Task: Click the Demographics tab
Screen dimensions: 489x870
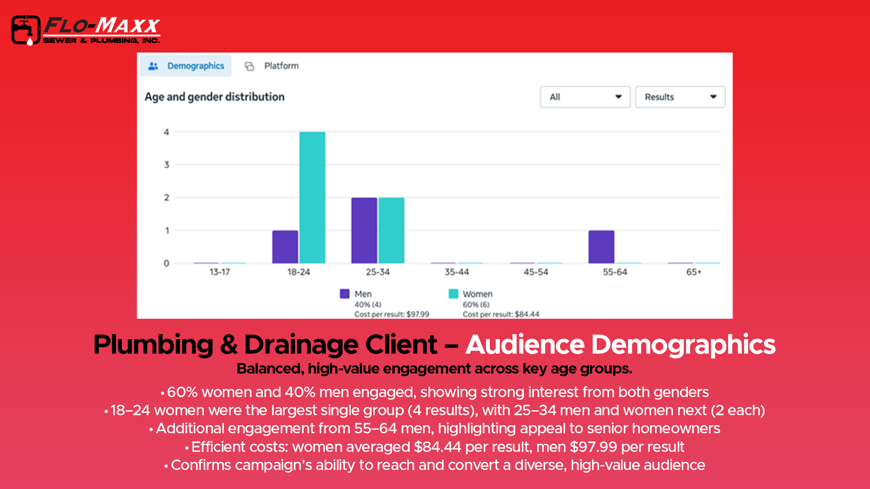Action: [186, 66]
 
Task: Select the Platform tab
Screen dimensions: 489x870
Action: [272, 66]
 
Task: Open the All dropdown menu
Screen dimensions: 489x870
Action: [585, 97]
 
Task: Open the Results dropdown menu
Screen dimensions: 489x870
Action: [680, 97]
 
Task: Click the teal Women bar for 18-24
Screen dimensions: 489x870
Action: [312, 197]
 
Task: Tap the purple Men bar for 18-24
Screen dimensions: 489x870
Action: [285, 247]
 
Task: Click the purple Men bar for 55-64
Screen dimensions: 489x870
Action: [601, 247]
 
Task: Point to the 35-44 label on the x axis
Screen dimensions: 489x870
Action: [457, 272]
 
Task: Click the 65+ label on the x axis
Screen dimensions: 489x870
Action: [694, 272]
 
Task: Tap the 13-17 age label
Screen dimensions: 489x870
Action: [219, 272]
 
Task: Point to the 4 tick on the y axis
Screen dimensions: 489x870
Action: [166, 132]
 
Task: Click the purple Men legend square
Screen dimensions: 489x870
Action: [345, 294]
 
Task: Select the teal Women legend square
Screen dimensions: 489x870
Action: [453, 294]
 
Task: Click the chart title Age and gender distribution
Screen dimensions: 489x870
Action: [214, 97]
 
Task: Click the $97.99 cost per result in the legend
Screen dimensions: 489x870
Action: [418, 314]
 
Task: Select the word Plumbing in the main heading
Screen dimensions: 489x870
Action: [153, 345]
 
